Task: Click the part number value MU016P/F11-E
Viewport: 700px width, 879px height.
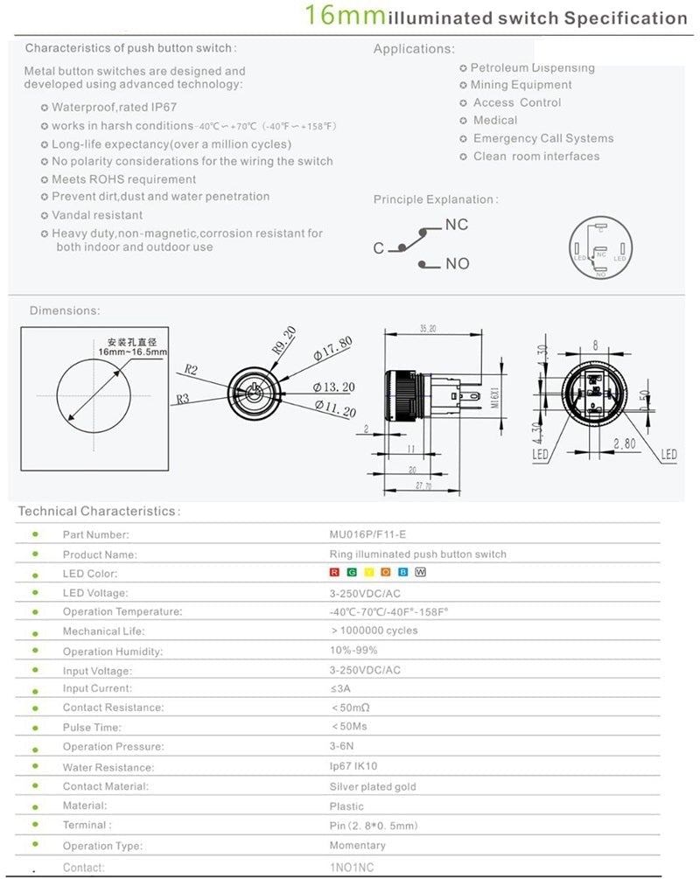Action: [366, 534]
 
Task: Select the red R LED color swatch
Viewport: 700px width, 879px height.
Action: [334, 573]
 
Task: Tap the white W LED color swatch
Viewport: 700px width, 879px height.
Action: [420, 573]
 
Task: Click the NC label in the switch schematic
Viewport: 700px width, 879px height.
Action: [457, 225]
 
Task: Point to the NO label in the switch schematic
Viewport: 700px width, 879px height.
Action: [458, 263]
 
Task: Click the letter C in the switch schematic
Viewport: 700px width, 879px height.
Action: [379, 248]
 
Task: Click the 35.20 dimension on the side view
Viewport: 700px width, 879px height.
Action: [428, 329]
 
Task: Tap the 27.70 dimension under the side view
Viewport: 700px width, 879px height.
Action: [423, 486]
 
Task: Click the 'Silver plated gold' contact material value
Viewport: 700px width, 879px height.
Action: [373, 786]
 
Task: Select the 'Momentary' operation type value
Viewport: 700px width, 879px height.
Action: [357, 846]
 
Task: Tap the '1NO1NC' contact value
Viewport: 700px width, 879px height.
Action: [351, 867]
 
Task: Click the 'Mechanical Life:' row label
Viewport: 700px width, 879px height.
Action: [103, 631]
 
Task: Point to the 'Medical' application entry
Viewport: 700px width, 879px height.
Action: [495, 121]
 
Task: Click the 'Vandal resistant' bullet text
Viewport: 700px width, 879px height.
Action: [97, 215]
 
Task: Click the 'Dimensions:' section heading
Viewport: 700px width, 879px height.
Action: [65, 310]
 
